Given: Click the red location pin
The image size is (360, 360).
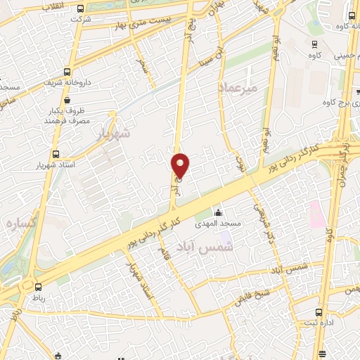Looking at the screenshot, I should tap(181, 165).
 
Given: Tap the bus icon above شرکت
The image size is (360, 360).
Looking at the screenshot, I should tap(81, 9).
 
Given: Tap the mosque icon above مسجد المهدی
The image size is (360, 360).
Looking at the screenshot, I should tap(219, 212).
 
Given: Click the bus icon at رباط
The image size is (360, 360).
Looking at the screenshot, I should tap(38, 286).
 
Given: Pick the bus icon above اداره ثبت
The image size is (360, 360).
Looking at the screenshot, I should tap(320, 311).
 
